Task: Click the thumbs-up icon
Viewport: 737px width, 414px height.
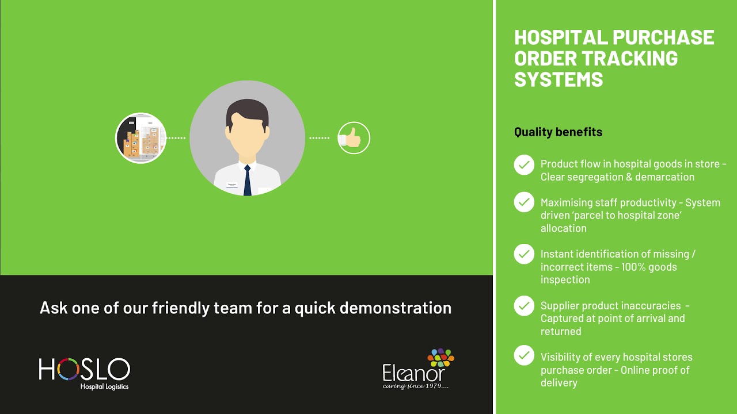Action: [353, 138]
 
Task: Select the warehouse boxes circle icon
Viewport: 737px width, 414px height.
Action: [141, 138]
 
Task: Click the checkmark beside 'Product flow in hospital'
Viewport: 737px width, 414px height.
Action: [524, 165]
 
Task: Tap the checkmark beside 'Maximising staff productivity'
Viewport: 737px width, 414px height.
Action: [524, 202]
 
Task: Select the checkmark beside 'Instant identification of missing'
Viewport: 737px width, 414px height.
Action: [524, 254]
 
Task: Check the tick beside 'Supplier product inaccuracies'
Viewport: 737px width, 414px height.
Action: [524, 306]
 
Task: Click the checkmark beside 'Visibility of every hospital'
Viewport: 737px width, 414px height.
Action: [524, 355]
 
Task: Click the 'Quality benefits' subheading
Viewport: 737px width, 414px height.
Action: [558, 132]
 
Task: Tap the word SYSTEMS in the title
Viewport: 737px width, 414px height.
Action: [558, 79]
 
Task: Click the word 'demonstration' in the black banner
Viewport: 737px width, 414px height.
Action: [396, 308]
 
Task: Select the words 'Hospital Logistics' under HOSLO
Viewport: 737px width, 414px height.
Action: [104, 386]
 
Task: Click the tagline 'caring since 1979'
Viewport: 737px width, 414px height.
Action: [416, 386]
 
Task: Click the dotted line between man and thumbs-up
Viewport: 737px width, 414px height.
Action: [320, 138]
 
